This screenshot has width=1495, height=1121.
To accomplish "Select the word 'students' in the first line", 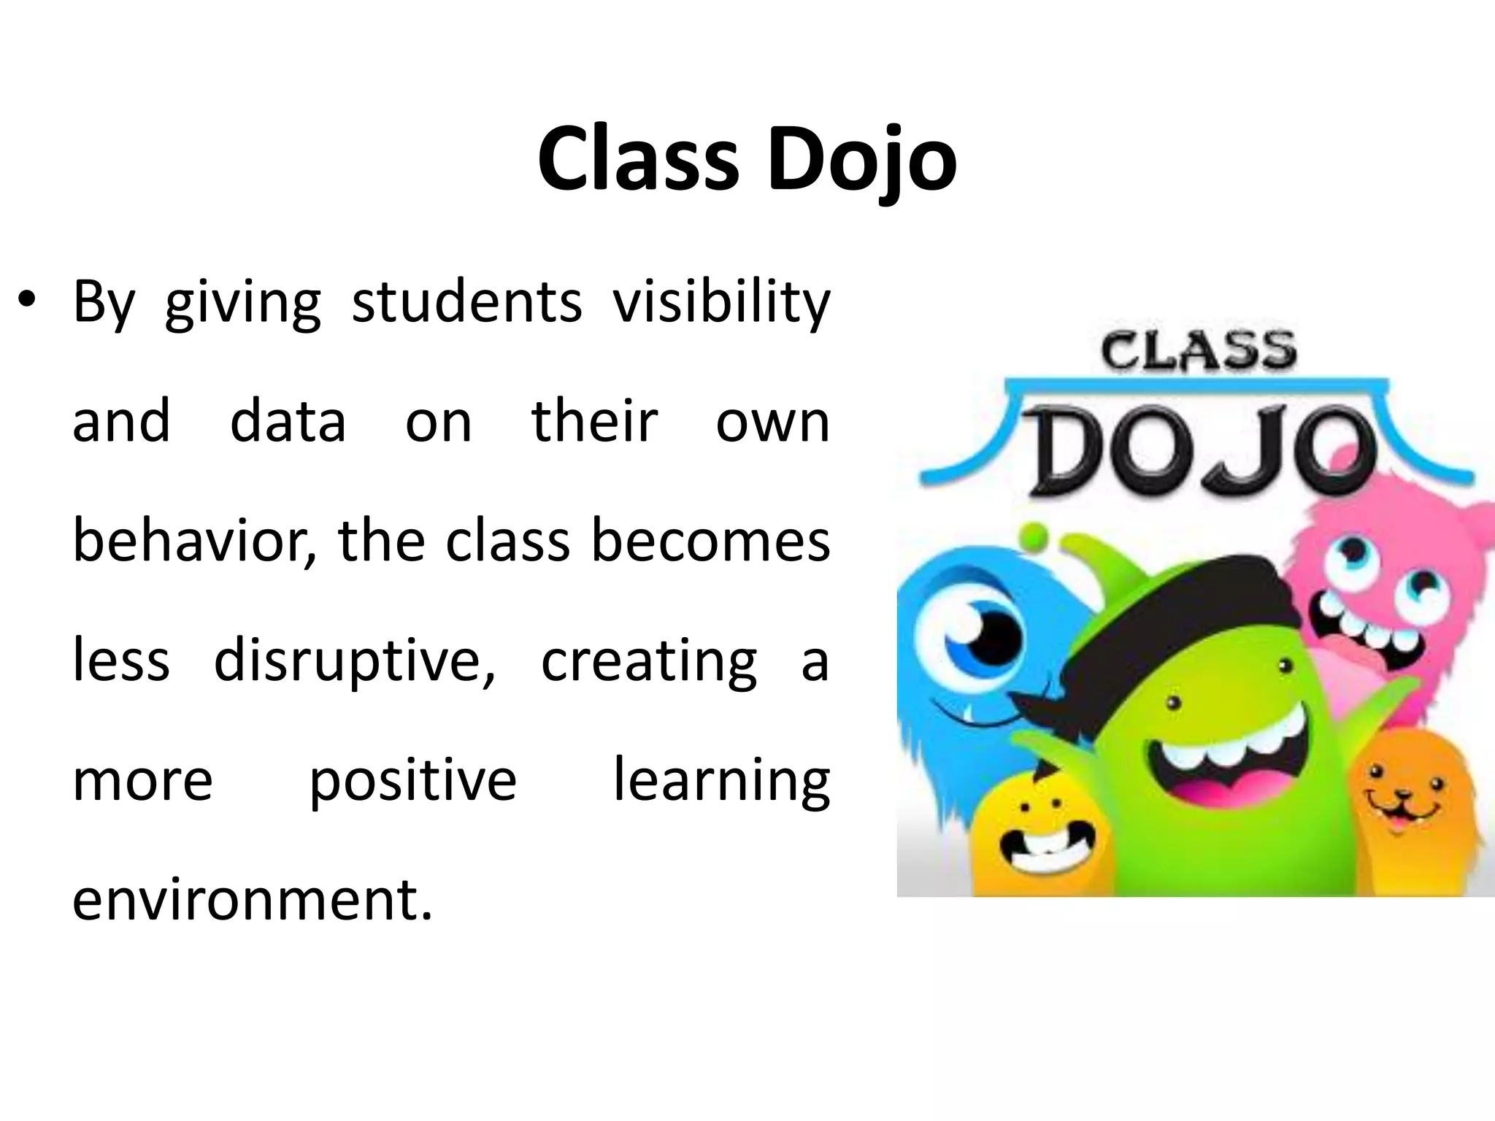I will [466, 302].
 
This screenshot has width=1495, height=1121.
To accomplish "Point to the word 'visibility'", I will [721, 302].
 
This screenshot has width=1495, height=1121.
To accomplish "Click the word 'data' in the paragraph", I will [288, 421].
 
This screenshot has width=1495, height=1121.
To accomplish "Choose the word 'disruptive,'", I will [355, 660].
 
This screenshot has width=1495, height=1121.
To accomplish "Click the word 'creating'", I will [648, 660].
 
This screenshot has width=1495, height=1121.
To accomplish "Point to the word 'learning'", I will [721, 780].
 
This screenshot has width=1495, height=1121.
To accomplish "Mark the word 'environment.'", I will [253, 899].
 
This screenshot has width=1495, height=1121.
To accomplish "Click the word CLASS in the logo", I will [1198, 351].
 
